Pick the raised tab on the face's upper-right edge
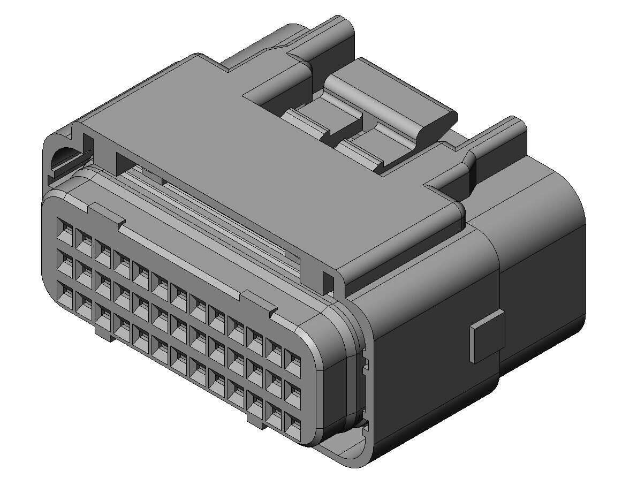[260, 301]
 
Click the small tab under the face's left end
[104, 331]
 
